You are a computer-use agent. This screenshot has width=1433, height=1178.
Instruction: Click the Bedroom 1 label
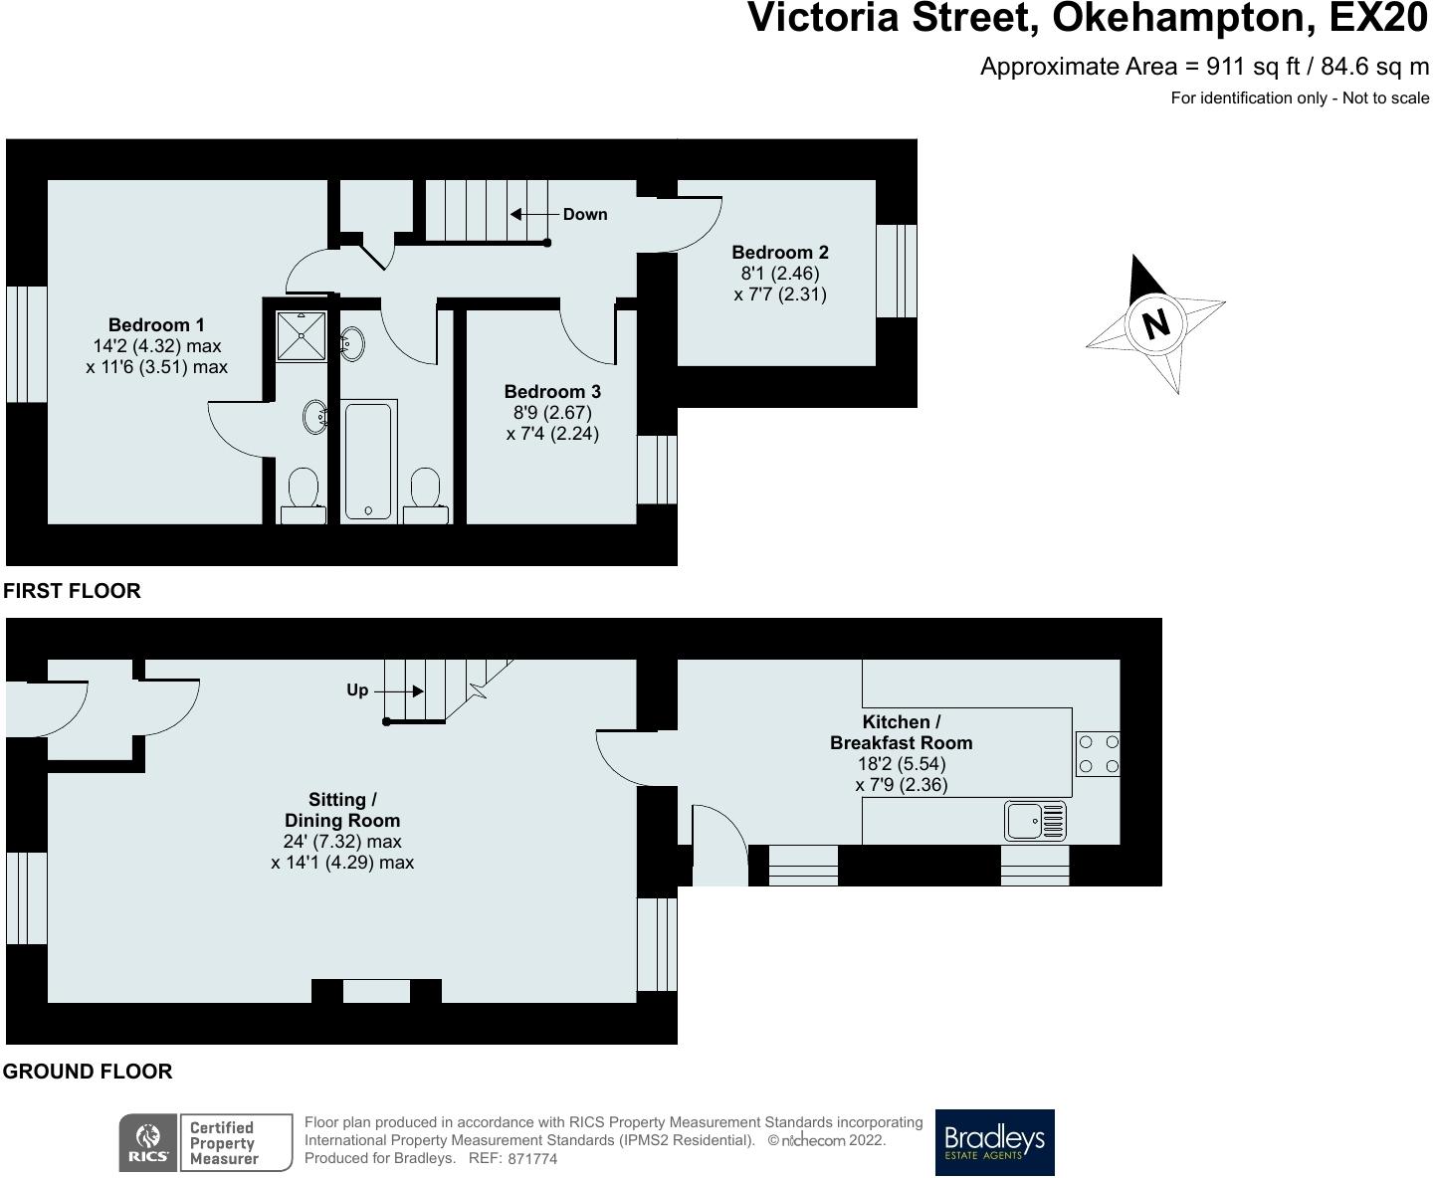click(156, 324)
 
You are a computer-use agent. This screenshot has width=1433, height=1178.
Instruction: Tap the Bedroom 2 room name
click(780, 252)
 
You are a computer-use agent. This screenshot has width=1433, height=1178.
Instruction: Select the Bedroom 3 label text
click(552, 391)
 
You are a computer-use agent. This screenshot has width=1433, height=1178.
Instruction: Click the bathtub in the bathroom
click(368, 462)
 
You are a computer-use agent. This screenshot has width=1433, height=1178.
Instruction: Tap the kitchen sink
click(1035, 821)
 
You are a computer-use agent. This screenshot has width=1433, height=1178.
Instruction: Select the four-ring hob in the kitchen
click(1098, 754)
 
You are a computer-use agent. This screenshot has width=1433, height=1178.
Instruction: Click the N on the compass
click(1156, 323)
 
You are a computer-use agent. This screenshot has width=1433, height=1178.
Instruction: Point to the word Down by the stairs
click(585, 214)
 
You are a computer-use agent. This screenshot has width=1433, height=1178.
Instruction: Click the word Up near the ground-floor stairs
click(357, 690)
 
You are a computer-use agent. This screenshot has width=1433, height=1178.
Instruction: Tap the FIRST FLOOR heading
click(72, 590)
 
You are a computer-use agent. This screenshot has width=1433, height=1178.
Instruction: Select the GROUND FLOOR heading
click(88, 1072)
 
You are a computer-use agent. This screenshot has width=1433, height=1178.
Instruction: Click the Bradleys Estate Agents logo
click(995, 1142)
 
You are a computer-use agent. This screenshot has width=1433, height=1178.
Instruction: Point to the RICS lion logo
click(149, 1142)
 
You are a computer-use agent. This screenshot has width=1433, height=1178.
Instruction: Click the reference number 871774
click(532, 1159)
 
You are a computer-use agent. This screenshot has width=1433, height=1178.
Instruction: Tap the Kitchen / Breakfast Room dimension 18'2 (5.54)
click(902, 763)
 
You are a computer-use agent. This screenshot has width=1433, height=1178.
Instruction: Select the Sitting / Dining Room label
click(342, 810)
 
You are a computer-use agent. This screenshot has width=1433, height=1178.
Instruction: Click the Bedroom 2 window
click(897, 271)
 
